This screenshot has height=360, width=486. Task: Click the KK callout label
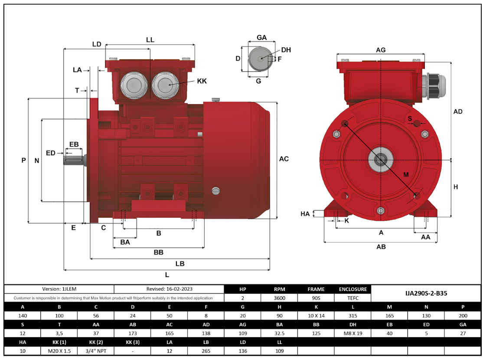coord(202,81)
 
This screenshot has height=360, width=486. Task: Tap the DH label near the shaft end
coord(286,50)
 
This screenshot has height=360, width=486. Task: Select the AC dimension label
coord(284,159)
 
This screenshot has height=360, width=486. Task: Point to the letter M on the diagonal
coord(406,175)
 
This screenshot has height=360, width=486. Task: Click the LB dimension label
coord(180,264)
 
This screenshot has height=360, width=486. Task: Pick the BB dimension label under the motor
coord(158,252)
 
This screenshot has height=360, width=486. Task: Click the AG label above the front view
coord(381,50)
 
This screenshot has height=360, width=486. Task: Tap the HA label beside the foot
coord(305,213)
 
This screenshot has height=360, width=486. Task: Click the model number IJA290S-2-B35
coord(426,293)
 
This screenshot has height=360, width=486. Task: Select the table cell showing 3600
coord(279,298)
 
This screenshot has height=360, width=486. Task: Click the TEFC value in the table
coord(352,298)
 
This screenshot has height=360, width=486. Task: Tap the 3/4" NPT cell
coord(96,351)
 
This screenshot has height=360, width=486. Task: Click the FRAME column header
coord(316,289)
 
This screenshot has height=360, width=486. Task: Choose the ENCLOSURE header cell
coord(352,289)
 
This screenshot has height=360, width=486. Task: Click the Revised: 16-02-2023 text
coord(170,288)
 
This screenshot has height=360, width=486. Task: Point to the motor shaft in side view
coord(74,160)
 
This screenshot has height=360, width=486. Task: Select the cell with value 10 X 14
coord(316,315)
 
